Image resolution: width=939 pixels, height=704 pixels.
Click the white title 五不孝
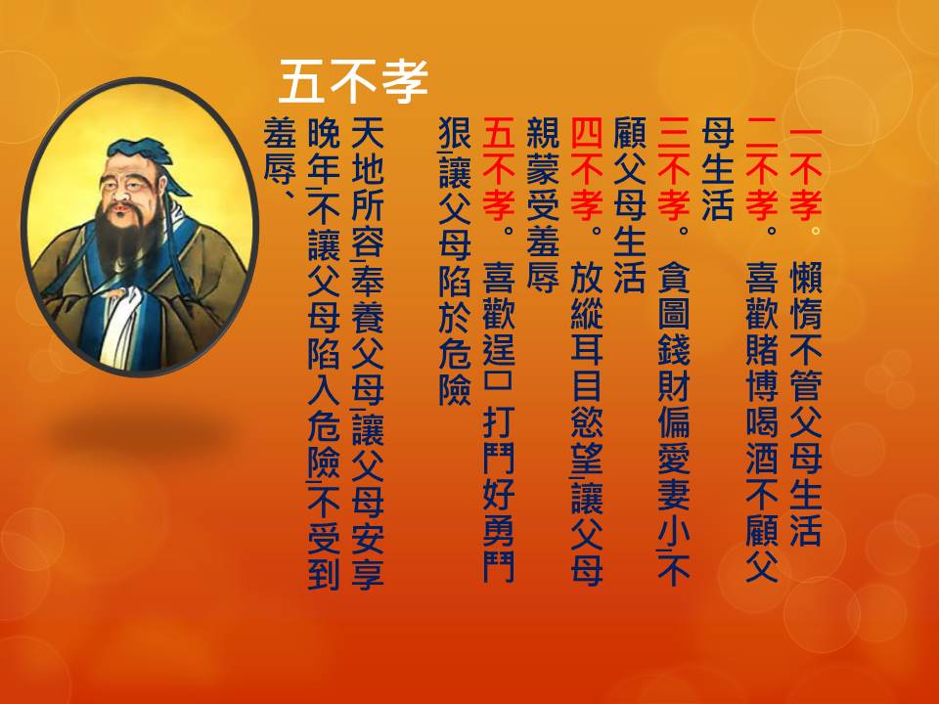pos(353,81)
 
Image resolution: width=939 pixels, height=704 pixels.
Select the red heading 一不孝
pos(805,174)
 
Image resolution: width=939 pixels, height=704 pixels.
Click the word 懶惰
pos(805,295)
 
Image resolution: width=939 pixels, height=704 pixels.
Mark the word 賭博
pos(762,367)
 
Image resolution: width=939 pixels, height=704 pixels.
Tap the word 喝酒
pos(762,440)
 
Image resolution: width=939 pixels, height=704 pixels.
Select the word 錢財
pos(674,367)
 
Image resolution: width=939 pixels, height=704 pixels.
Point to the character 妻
pos(674,495)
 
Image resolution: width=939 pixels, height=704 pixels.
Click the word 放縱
pos(586,295)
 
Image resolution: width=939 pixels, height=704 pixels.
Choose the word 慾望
pos(586,440)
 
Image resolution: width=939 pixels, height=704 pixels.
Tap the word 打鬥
pos(499,440)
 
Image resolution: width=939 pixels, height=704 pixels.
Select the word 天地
pos(367,151)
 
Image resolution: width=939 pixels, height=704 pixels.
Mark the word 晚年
pos(324,151)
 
